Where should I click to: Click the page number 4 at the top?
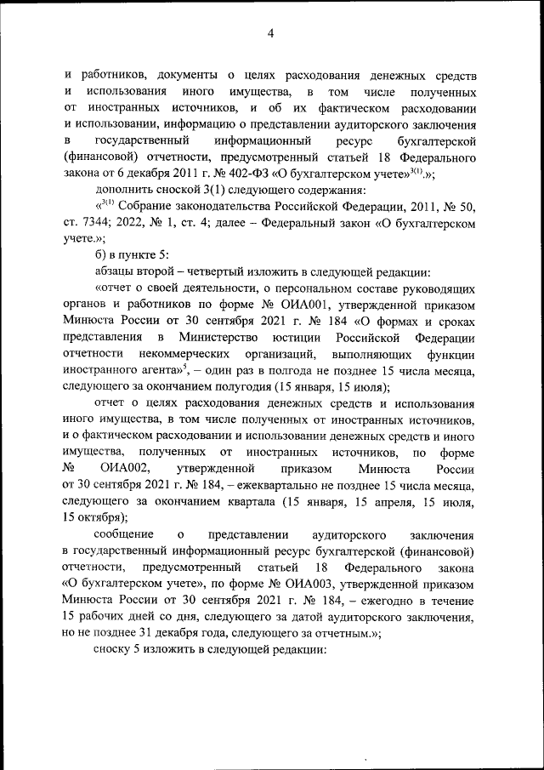271,33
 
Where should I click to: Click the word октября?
97,518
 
